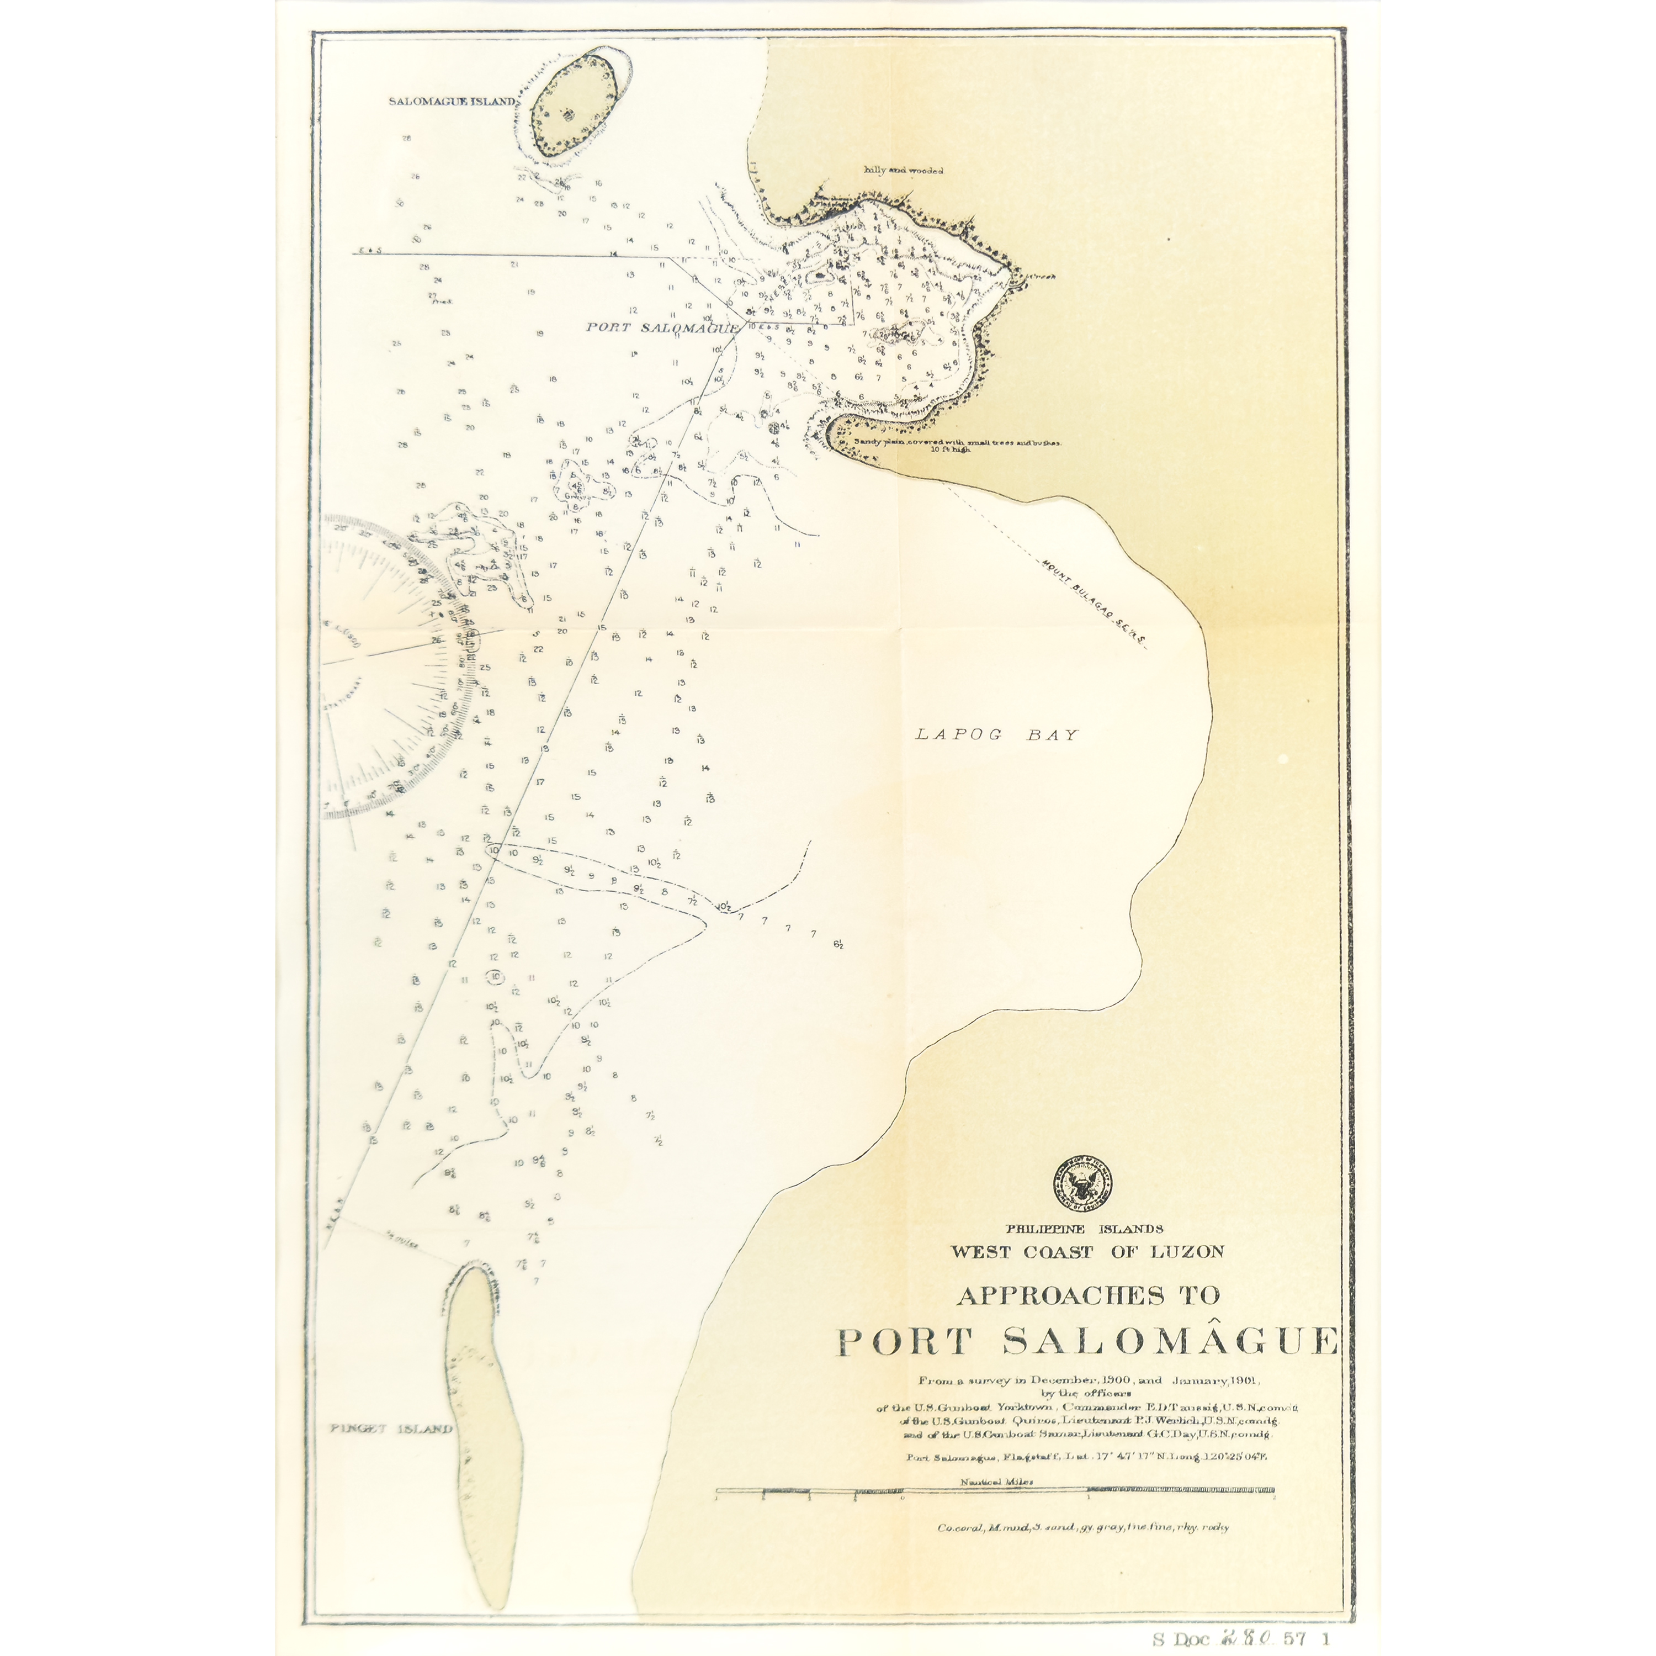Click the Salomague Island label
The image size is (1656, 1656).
pos(452,101)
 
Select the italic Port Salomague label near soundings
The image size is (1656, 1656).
pos(662,327)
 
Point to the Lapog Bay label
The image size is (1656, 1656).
pos(996,734)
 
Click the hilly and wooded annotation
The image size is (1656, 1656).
pos(904,171)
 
